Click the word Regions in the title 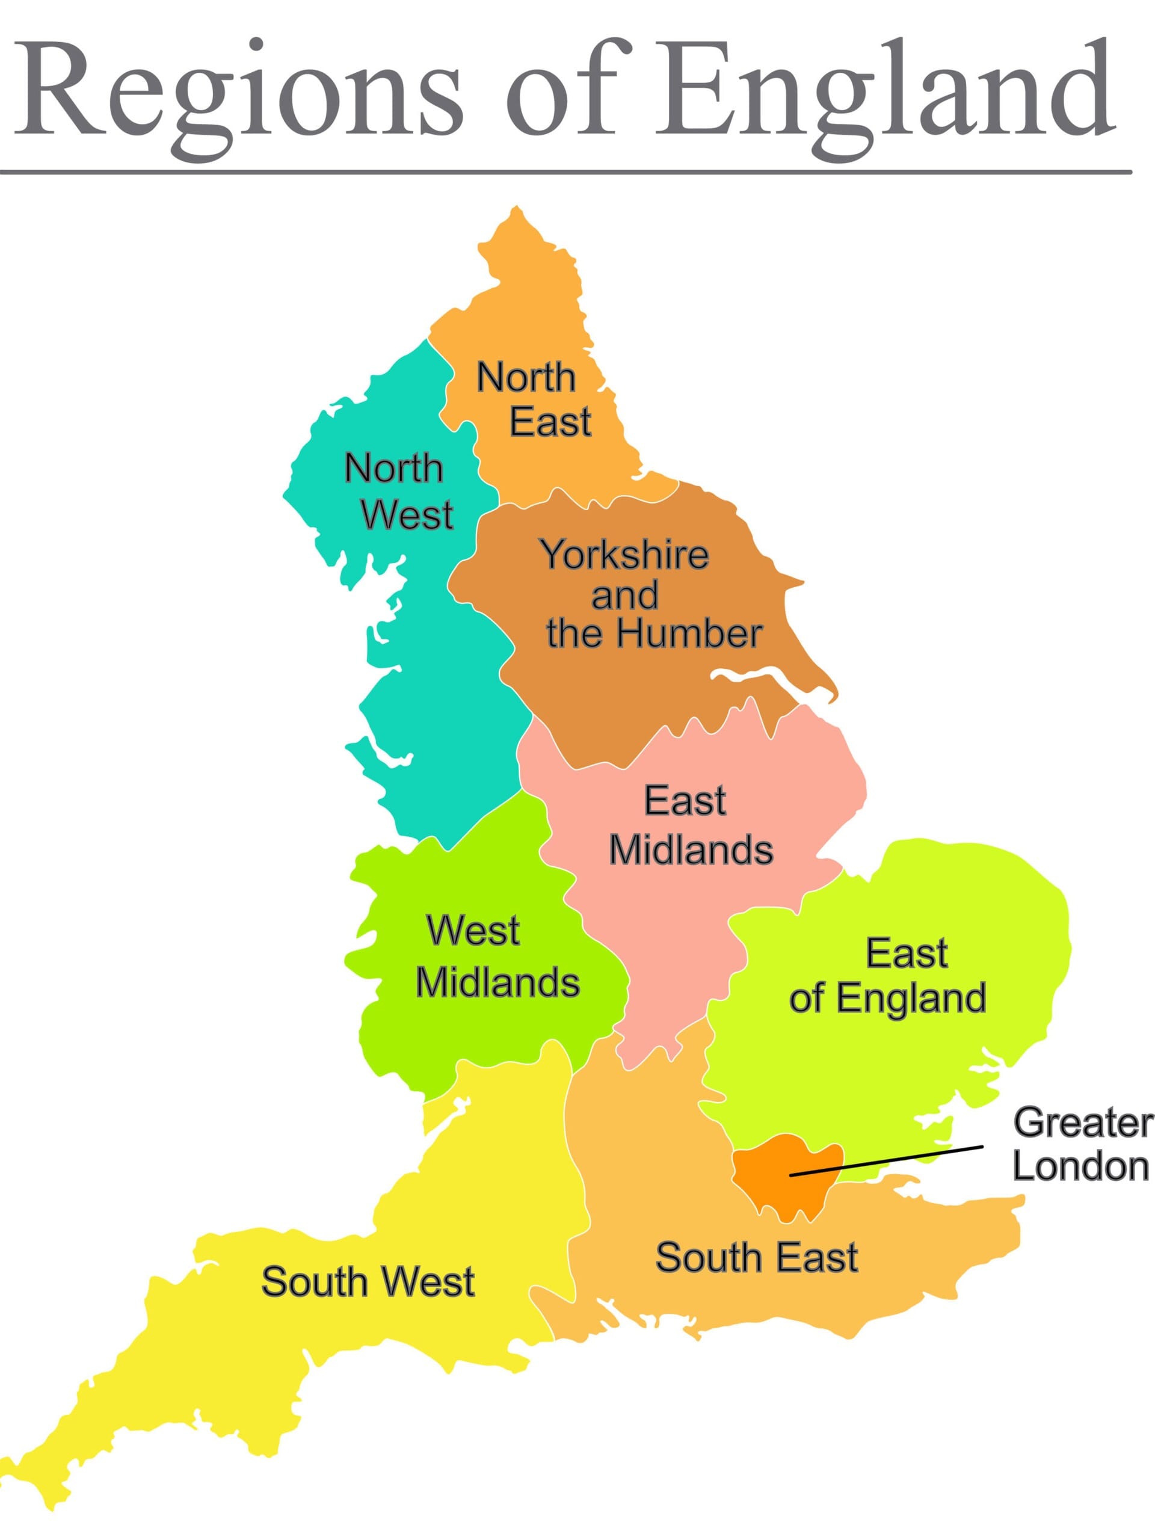click(x=236, y=90)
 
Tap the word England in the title click(x=884, y=90)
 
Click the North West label click(x=397, y=491)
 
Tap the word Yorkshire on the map click(x=624, y=555)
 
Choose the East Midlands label click(x=689, y=825)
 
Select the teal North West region click(x=432, y=696)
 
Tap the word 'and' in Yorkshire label click(x=624, y=596)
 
